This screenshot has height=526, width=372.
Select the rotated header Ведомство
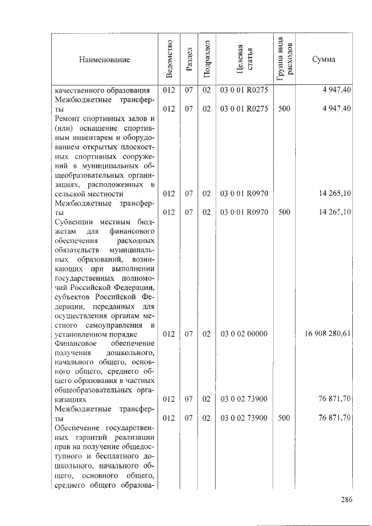click(x=169, y=59)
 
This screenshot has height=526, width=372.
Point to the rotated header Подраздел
click(x=206, y=59)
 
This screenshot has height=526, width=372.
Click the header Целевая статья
click(x=244, y=59)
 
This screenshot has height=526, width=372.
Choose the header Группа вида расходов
click(x=285, y=59)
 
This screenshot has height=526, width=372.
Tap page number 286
click(x=346, y=499)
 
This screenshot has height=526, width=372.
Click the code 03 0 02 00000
click(x=244, y=334)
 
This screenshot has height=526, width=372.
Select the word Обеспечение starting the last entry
click(x=77, y=428)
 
